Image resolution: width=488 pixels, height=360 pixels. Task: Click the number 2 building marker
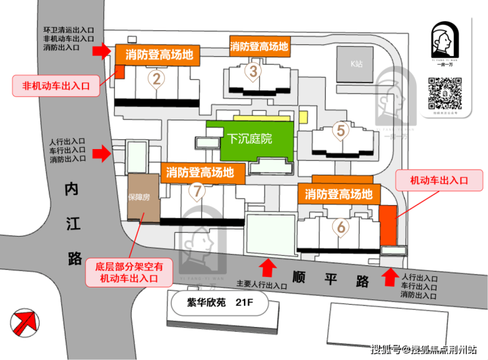tap(156, 80)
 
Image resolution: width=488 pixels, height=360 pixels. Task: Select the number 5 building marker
tap(340, 131)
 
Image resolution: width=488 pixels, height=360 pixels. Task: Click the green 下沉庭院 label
tap(250, 139)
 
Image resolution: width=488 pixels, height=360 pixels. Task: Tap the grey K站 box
tap(357, 65)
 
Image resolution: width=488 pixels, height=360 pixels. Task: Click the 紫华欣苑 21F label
tap(220, 305)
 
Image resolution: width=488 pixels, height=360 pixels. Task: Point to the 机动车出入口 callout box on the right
tap(439, 180)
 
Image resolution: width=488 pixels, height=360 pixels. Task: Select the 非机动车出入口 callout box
tap(55, 86)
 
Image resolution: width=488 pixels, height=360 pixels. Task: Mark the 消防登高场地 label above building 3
tap(259, 47)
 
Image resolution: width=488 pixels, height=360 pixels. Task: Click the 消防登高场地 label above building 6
tap(339, 194)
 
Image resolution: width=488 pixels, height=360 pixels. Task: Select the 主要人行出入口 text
tap(262, 286)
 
